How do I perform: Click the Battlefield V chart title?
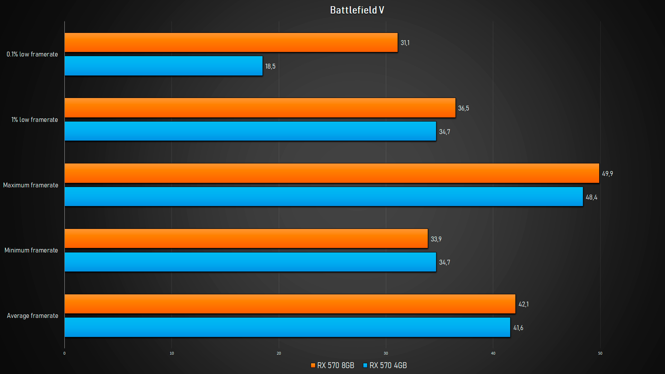click(357, 10)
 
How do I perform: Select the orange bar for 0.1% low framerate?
click(231, 43)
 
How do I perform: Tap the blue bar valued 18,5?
click(163, 66)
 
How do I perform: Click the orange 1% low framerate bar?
click(260, 108)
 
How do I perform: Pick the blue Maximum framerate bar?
click(323, 197)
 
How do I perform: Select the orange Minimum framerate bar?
click(246, 239)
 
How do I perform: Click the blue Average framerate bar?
click(287, 327)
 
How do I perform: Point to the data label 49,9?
click(607, 173)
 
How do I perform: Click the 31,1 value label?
click(405, 43)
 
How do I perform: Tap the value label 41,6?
click(518, 328)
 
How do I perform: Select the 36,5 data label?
click(463, 108)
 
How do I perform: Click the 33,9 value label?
click(436, 239)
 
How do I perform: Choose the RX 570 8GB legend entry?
click(332, 365)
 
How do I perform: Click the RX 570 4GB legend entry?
click(385, 365)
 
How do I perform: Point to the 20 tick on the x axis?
click(279, 353)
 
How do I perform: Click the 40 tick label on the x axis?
click(493, 353)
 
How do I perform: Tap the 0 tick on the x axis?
click(64, 353)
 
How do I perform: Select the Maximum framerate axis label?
click(30, 185)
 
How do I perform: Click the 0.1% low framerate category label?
click(32, 54)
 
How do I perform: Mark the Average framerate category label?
click(33, 316)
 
